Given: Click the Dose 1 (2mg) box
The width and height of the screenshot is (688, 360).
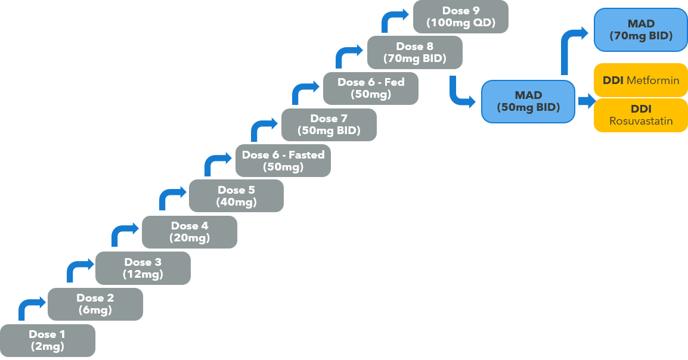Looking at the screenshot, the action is coord(47,340).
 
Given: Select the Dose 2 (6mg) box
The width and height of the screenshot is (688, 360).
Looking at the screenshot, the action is coord(95,304).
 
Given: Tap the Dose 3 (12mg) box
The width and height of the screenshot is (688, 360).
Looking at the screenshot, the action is coord(143,268).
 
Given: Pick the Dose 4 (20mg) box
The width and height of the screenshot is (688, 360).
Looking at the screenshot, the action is coord(190,232).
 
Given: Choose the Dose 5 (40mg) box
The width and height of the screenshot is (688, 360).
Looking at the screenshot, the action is coord(237,195).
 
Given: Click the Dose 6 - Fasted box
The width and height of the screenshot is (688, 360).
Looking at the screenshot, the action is coord(283,160).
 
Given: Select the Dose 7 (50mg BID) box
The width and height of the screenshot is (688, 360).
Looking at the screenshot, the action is coord(329,125).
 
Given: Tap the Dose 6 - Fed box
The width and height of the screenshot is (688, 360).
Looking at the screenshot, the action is coord(371,88).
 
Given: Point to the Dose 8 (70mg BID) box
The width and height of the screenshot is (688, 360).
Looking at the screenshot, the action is coord(414,52).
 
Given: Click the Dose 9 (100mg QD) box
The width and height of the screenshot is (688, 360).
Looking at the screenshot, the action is coord(461,17).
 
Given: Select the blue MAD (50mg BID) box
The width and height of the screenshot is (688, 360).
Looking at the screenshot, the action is coord(528,101).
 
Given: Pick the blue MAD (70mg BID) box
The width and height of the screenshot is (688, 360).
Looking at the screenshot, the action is coord(641,30).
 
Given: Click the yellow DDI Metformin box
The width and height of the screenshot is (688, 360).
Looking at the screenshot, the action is coord(641,80).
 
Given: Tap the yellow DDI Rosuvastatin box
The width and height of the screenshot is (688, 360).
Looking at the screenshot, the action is coord(641,115).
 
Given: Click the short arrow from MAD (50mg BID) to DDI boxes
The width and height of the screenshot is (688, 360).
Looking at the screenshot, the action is coord(586,101).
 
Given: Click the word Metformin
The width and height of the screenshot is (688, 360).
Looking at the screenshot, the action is coord(653,80).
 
